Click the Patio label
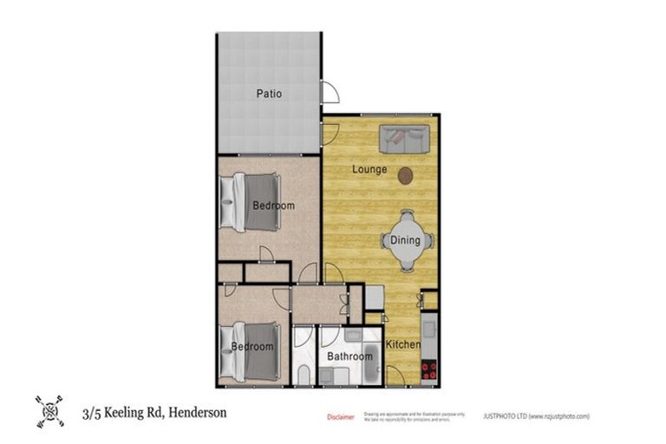coord(269,94)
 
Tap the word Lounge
coord(369,169)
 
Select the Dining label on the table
coord(405,240)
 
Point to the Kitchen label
coord(403,345)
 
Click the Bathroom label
coord(349,356)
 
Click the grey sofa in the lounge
coord(405,136)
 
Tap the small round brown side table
coord(405,176)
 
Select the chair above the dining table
coord(406,215)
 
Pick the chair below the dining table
coord(406,266)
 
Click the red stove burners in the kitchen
coord(428,371)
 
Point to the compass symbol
coord(49,412)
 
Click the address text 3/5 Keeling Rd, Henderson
coord(154,413)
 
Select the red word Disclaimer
coord(340,417)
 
